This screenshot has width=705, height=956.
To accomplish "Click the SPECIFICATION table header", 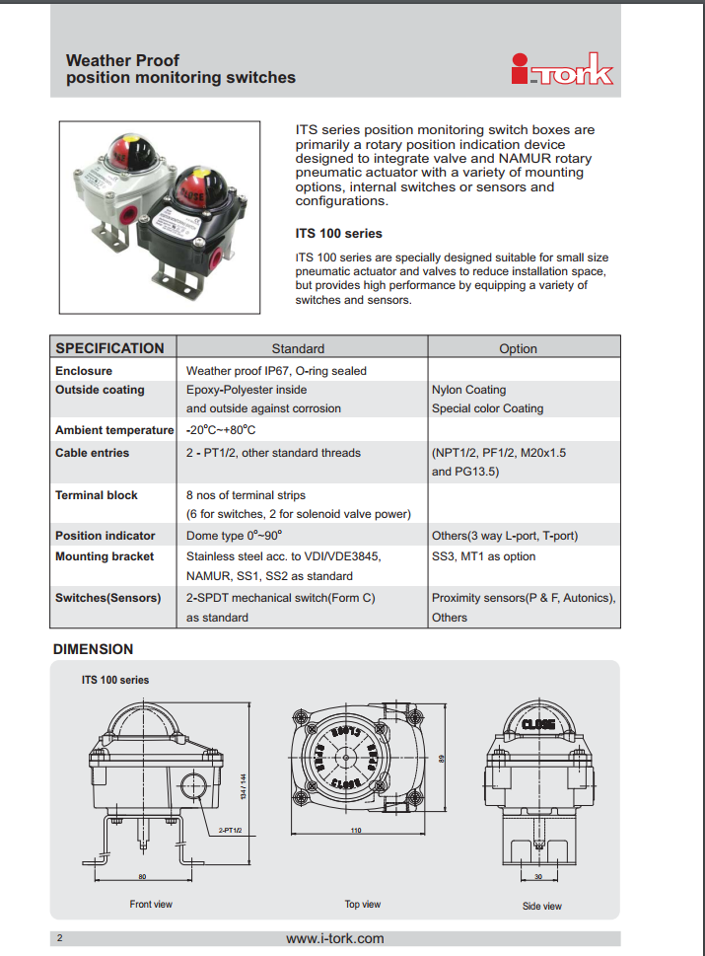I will [x=109, y=348].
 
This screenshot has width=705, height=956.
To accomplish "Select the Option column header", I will [x=518, y=348].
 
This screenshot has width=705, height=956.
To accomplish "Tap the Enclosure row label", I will [x=84, y=371].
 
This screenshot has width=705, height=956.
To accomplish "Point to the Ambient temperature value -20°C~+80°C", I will [x=221, y=430].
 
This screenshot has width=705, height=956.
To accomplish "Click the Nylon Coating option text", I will [x=468, y=390].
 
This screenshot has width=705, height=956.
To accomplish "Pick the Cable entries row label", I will [x=92, y=453].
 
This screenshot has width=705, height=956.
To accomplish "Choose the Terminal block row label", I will [x=97, y=495].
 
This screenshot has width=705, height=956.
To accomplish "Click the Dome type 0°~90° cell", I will [x=234, y=536].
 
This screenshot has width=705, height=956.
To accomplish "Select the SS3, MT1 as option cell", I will [x=484, y=556].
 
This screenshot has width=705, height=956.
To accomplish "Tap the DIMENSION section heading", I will [x=93, y=649].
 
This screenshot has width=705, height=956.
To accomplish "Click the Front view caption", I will [x=151, y=904].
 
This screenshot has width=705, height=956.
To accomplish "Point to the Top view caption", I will [x=362, y=904].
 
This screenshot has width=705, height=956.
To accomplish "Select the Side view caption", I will [x=542, y=906].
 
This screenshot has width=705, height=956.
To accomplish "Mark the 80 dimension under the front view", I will [x=142, y=875].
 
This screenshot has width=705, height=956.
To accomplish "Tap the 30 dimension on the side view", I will [x=537, y=876].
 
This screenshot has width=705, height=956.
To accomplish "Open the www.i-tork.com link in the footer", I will [x=335, y=938].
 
